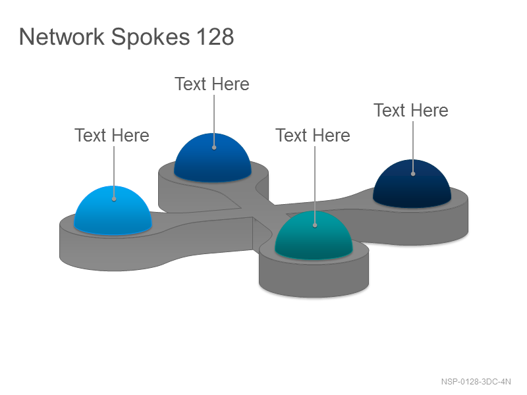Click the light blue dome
coord(113,210)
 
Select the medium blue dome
coord(212,158)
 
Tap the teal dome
coord(314,236)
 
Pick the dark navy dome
coord(412,184)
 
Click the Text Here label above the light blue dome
coord(112,136)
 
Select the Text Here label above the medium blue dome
coord(212,84)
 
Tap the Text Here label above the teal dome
coord(313,136)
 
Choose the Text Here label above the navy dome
coord(411,110)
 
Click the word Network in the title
coord(62,37)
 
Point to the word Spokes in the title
coord(150,38)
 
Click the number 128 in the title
coord(215,37)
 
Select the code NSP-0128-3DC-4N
coord(476,382)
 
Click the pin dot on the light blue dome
coord(114,199)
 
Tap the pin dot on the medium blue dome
coord(214,147)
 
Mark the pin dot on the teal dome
coord(315,225)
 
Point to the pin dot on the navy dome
coord(413,174)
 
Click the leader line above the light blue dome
coord(114,172)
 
